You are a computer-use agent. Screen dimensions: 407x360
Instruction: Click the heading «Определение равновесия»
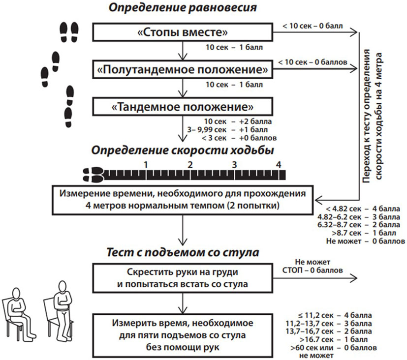183,7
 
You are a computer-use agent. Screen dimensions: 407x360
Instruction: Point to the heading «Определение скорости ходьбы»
183,150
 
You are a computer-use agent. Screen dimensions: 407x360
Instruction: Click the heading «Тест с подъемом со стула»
183,252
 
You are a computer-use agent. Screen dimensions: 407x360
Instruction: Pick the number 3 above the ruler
234,165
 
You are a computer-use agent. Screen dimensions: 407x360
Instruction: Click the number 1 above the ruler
146,165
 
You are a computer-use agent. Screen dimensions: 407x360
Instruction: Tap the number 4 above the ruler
279,165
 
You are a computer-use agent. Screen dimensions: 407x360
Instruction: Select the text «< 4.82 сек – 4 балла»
363,209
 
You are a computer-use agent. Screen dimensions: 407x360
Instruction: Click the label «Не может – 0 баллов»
366,241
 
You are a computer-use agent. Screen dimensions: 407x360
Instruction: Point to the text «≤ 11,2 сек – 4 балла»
335,315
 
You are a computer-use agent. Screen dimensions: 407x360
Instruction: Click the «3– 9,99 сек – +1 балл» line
227,129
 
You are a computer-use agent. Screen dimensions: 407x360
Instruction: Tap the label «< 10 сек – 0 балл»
313,26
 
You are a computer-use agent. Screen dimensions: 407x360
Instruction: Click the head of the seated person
16,294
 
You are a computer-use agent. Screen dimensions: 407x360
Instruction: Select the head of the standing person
62,287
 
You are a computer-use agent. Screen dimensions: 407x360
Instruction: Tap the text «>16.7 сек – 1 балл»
334,339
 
